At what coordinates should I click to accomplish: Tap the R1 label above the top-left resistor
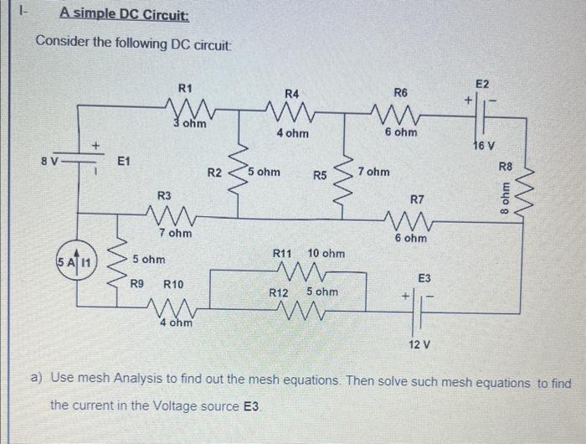tap(186, 88)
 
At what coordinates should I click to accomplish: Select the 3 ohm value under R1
tap(193, 124)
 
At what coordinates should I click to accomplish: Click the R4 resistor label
tap(291, 93)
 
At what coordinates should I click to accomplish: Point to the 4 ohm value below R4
tap(292, 132)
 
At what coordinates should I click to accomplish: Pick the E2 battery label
tap(481, 84)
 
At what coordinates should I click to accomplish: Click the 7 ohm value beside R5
tap(373, 172)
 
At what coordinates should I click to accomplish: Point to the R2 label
tap(214, 173)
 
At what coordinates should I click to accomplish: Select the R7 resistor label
tap(417, 199)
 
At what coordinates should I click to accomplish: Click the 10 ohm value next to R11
tap(326, 252)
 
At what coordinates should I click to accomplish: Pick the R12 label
tap(279, 292)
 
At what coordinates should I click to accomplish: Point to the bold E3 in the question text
tap(252, 404)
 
